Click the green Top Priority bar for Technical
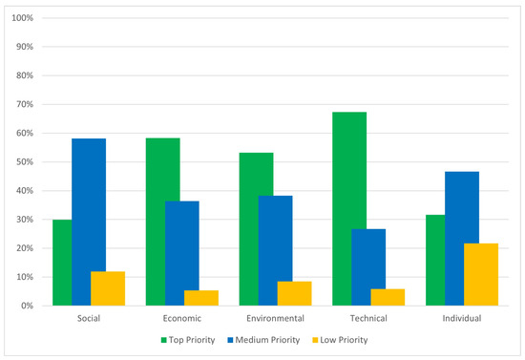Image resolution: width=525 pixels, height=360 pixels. [349, 209]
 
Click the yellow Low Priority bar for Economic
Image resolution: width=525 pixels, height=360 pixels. [200, 298]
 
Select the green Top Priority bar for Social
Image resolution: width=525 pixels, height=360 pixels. [62, 263]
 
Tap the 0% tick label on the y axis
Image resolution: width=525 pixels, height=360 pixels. [26, 306]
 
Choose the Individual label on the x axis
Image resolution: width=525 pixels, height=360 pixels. [461, 318]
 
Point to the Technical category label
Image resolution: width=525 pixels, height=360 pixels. [367, 318]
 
